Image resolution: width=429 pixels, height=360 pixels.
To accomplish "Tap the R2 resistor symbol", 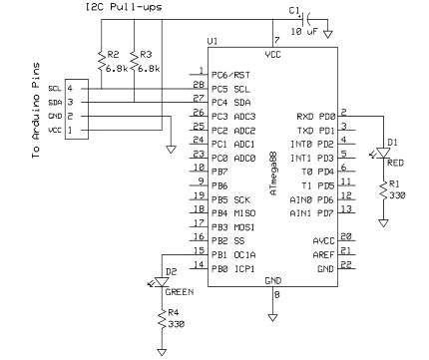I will [x=101, y=63].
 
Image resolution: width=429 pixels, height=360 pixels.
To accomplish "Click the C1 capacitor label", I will [x=294, y=11].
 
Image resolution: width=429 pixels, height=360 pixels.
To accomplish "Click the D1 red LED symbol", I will [x=381, y=151].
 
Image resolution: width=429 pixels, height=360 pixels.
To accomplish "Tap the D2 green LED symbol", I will [x=162, y=282].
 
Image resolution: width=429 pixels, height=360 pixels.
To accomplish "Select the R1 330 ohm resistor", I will [x=381, y=189].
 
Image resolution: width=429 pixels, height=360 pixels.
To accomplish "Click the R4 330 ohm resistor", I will [x=161, y=320].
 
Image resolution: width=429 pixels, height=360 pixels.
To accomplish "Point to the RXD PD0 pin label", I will [x=315, y=117].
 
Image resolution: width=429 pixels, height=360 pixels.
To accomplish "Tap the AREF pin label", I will [x=323, y=254].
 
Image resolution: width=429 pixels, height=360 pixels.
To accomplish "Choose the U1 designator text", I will [x=213, y=42].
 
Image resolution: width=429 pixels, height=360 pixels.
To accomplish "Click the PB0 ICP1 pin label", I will [x=231, y=268].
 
